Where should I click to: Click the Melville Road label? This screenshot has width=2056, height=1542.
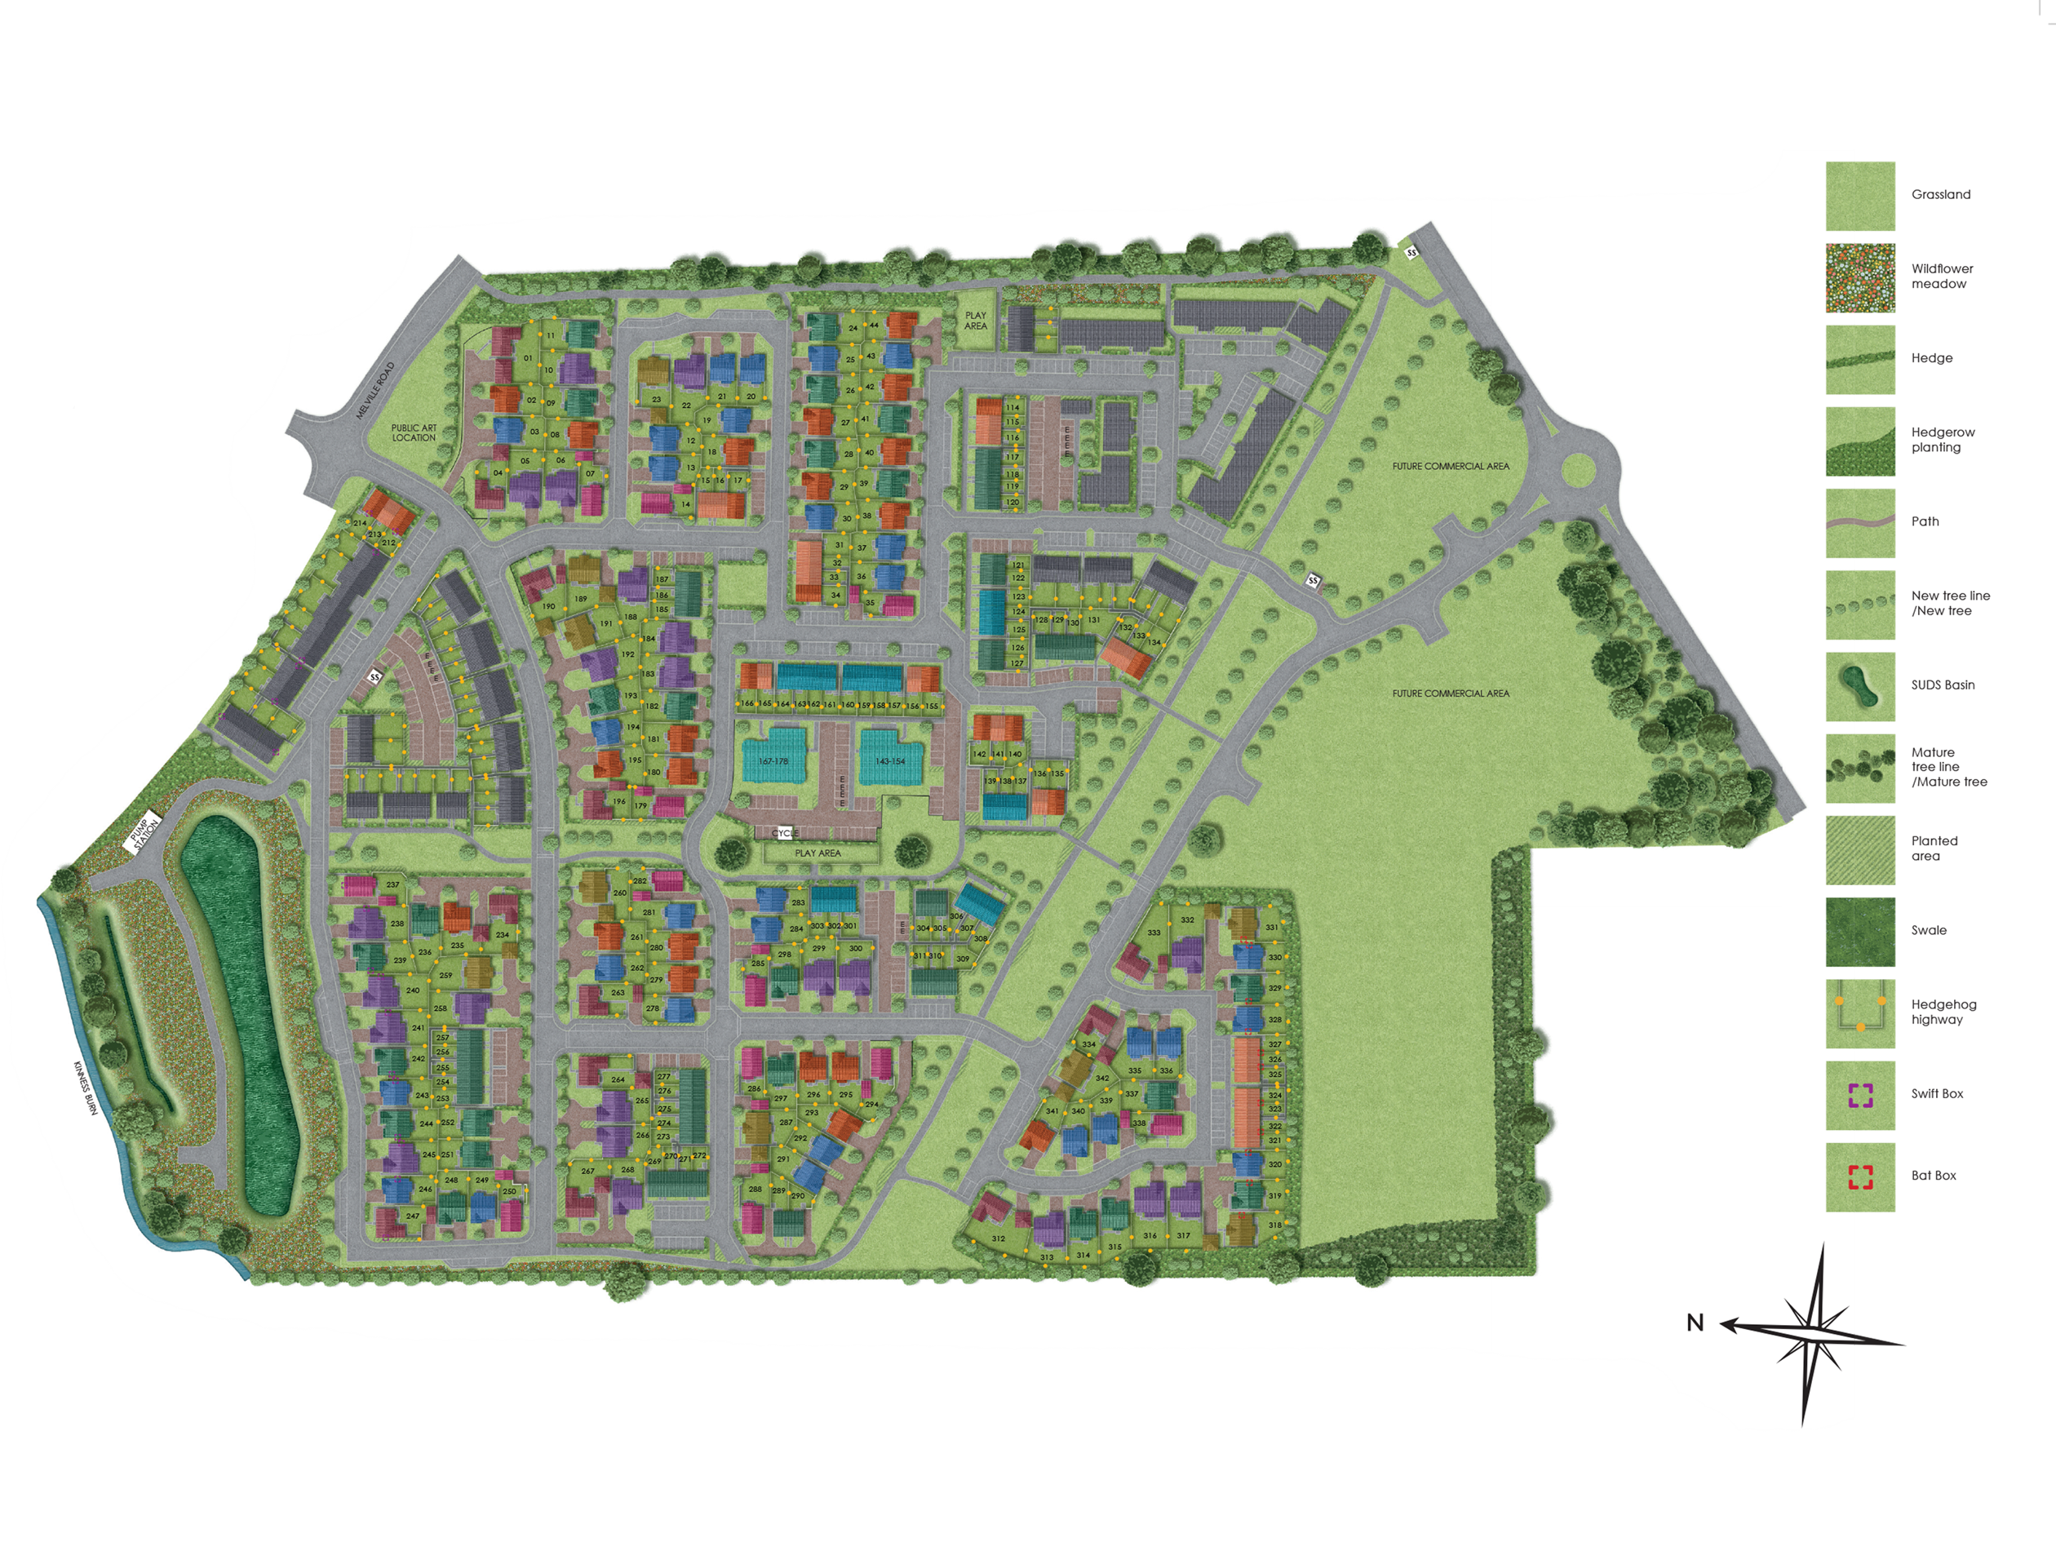click(x=375, y=390)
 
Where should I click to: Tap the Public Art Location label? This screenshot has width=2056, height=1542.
click(x=414, y=433)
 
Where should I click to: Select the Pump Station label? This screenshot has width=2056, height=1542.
click(x=144, y=832)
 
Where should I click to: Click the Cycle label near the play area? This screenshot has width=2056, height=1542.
click(x=786, y=834)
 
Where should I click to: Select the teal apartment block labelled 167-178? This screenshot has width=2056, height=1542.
click(x=773, y=760)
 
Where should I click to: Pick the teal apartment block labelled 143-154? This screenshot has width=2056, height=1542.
click(x=889, y=760)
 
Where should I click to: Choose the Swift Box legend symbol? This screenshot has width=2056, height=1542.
click(x=1860, y=1095)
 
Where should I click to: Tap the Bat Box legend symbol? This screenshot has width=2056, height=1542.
click(x=1860, y=1177)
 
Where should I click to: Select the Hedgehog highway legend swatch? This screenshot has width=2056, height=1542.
click(x=1860, y=1013)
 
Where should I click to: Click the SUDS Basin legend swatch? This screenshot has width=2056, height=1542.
click(x=1860, y=686)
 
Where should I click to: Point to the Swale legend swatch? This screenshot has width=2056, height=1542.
click(x=1860, y=932)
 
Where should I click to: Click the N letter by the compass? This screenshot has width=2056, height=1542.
click(x=1695, y=1323)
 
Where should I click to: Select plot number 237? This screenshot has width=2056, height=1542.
click(x=393, y=885)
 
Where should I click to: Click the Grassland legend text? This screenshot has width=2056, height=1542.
click(x=1941, y=194)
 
